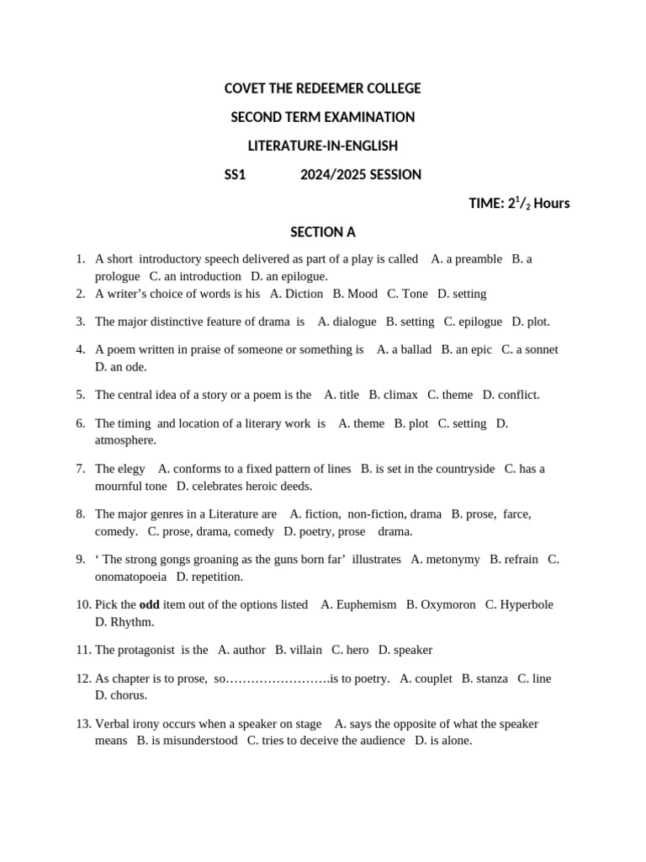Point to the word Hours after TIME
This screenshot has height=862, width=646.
pyautogui.click(x=551, y=203)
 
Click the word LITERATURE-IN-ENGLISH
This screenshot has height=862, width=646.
pyautogui.click(x=323, y=146)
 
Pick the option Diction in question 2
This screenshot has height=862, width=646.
pyautogui.click(x=304, y=294)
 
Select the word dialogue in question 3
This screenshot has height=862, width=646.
pyautogui.click(x=354, y=322)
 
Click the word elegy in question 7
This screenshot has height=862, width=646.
pyautogui.click(x=131, y=469)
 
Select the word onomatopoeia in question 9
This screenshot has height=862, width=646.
pyautogui.click(x=130, y=577)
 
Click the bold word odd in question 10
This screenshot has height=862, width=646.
pyautogui.click(x=149, y=605)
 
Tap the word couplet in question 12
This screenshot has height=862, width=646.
pyautogui.click(x=433, y=678)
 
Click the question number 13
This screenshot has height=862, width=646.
pyautogui.click(x=82, y=724)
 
